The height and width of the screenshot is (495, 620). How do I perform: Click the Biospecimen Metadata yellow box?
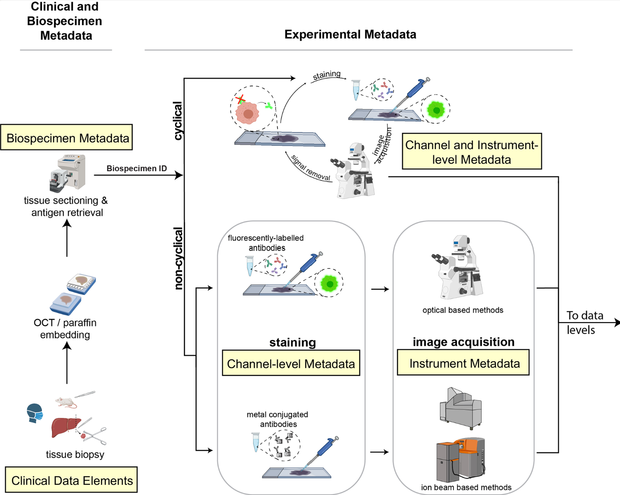click(x=67, y=138)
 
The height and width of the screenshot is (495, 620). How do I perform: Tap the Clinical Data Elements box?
click(x=72, y=480)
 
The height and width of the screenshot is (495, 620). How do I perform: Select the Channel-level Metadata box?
click(x=291, y=363)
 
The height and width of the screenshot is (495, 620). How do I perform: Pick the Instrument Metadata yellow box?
click(x=463, y=363)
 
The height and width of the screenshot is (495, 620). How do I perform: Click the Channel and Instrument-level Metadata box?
click(x=472, y=152)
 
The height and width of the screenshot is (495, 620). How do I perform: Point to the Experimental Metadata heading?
click(x=350, y=35)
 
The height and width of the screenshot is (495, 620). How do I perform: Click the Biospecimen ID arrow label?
click(x=136, y=168)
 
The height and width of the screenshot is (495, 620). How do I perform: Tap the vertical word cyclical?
click(x=178, y=121)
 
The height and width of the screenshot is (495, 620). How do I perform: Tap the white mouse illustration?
click(x=66, y=402)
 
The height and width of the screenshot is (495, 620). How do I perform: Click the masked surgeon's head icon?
click(x=34, y=413)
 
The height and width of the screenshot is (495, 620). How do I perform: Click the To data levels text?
click(x=584, y=322)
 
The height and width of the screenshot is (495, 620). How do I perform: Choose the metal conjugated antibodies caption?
click(x=278, y=419)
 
